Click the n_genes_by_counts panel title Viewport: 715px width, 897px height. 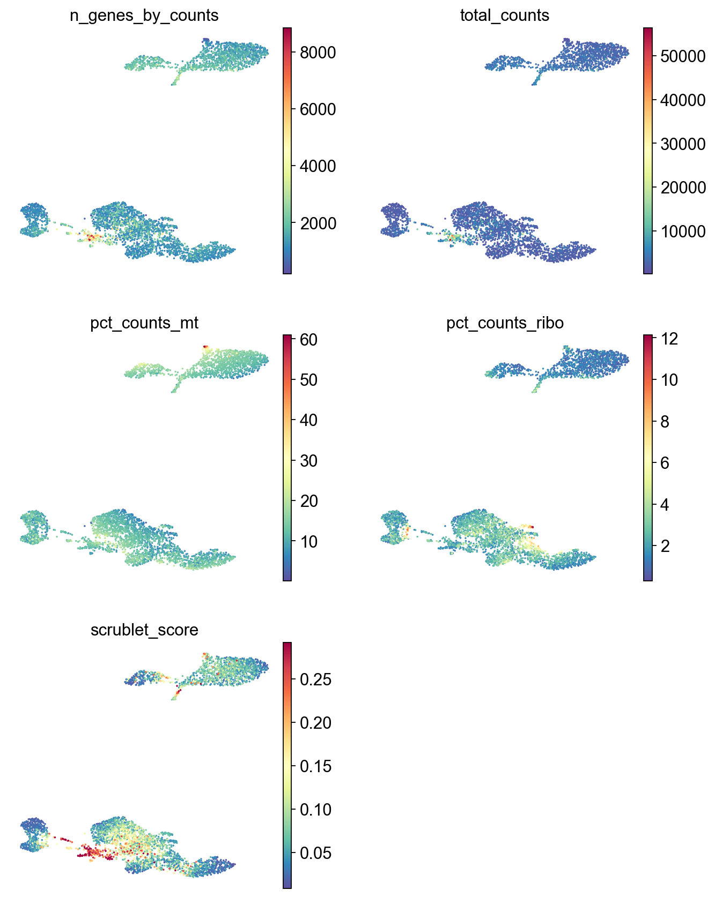coord(144,16)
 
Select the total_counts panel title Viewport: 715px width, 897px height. coord(505,16)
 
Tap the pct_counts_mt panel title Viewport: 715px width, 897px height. coord(144,323)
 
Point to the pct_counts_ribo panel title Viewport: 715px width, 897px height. coord(505,323)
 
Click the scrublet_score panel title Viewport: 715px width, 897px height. coord(144,630)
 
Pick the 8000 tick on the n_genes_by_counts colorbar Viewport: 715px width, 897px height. coord(318,53)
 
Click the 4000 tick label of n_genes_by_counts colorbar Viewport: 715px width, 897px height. coord(318,166)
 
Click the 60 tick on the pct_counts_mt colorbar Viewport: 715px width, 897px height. coord(309,340)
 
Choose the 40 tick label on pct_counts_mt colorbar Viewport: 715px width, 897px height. coord(309,420)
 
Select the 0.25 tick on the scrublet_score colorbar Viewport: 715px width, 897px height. coord(315,679)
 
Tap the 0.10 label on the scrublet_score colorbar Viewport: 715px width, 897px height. coord(315,809)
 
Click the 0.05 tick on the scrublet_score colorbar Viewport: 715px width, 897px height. coord(315,853)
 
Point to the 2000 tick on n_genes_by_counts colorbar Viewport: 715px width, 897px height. coord(318,223)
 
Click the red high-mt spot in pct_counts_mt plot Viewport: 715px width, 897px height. coord(205,347)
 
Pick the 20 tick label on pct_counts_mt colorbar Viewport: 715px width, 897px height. coord(309,501)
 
